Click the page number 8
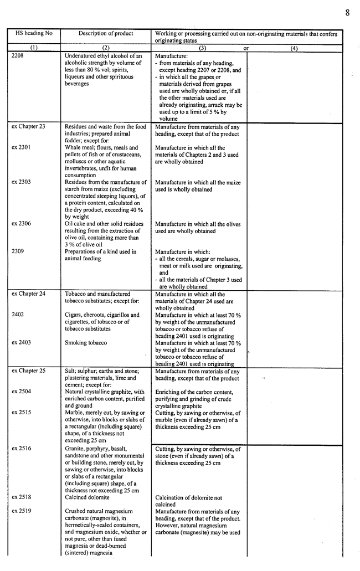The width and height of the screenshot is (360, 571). [347, 12]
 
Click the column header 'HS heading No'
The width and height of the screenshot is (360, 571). [34, 33]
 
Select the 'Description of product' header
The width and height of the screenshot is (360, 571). [106, 33]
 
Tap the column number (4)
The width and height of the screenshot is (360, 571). [294, 48]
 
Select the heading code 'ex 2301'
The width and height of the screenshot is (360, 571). [21, 148]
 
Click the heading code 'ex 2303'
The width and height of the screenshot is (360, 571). [21, 182]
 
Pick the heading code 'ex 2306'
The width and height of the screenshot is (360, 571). [21, 224]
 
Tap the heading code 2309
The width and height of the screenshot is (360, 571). [18, 251]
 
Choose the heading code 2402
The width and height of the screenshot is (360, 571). [18, 315]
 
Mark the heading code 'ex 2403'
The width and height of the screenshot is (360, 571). [21, 343]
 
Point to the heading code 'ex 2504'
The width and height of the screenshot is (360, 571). [21, 392]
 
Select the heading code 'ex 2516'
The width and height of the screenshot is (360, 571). [21, 449]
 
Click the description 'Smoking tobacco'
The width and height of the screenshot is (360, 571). [86, 343]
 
